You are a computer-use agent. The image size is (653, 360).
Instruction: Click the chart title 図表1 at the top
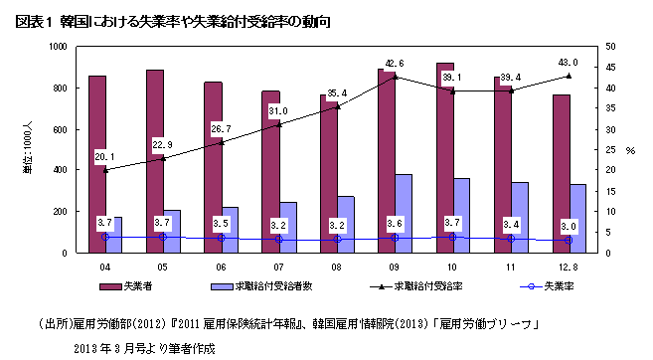(x=30, y=21)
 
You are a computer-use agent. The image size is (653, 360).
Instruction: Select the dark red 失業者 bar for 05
(x=155, y=159)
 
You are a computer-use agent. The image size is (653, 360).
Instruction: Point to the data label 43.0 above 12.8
(x=569, y=63)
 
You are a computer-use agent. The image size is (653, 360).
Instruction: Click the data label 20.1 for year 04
(x=105, y=156)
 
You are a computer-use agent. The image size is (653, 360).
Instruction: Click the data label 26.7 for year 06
(x=221, y=129)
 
